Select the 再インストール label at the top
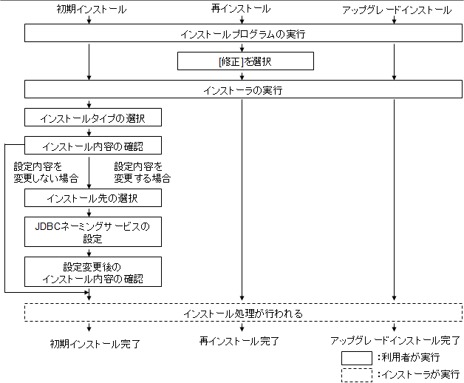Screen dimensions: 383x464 point(242,10)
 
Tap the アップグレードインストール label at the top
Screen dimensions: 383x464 point(397,10)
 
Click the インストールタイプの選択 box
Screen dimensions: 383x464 point(92,118)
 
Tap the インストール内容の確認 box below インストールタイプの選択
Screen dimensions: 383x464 point(92,145)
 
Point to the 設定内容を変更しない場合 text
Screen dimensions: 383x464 point(46,172)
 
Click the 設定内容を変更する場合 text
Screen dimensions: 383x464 point(143,172)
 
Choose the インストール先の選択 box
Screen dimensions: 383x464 point(92,198)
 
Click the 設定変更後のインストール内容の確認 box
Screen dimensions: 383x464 point(92,272)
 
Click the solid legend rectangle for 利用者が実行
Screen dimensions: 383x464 point(356,358)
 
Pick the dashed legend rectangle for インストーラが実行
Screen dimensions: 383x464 point(356,375)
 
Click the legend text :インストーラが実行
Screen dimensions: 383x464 point(417,375)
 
